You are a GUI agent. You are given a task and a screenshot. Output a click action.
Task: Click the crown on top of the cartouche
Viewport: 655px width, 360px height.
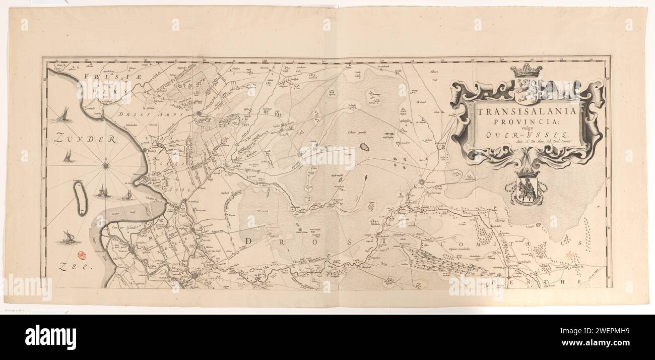point(526,71)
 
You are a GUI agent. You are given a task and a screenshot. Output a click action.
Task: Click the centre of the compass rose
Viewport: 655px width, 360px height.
point(106,164)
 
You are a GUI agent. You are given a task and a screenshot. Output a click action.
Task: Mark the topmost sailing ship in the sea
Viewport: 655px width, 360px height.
point(62,115)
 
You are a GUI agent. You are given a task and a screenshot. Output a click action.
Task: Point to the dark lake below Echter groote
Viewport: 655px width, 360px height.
point(364,147)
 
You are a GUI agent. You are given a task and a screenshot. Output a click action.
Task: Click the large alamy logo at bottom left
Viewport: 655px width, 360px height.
point(50,337)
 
